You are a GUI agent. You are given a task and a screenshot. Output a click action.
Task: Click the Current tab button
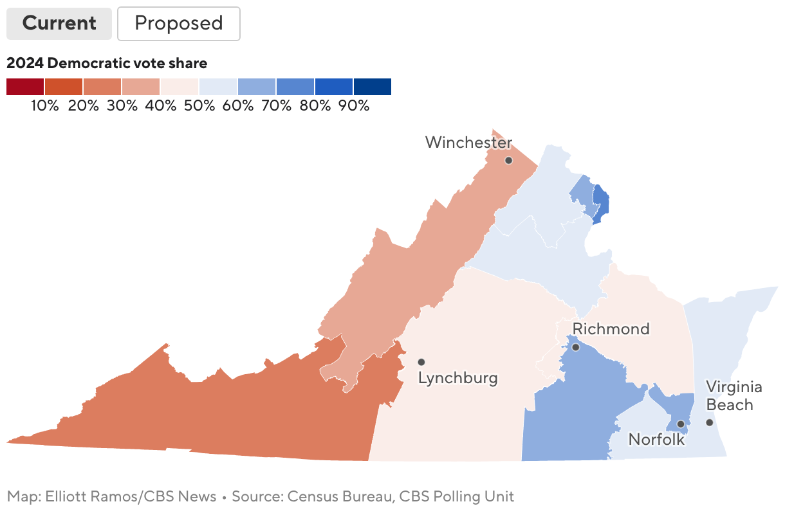coord(59,24)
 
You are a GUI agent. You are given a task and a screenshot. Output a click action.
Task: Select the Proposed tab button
coord(178,24)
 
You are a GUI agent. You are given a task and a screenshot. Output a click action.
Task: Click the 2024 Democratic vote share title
coord(107,63)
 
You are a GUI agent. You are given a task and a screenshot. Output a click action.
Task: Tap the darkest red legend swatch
coord(25,87)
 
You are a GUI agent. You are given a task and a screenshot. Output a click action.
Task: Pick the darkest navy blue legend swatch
coord(372,87)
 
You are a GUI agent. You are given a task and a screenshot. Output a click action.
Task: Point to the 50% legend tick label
coord(199,106)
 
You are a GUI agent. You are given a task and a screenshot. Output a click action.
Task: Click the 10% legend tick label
coord(45,106)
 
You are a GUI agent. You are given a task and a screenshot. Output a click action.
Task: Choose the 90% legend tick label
coord(354,106)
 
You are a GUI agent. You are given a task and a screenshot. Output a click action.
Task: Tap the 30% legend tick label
coord(122,106)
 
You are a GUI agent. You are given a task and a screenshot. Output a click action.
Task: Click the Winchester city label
coord(468,142)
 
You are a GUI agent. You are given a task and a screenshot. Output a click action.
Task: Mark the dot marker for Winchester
coord(508,160)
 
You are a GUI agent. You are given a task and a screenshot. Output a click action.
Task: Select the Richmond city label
coord(611,329)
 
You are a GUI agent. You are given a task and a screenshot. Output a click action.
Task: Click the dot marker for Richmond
coord(576,347)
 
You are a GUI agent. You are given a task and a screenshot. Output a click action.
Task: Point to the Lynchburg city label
coord(457,378)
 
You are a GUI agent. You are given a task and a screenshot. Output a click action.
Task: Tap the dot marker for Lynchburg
coord(421,362)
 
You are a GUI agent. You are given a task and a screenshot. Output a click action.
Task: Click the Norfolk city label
coord(656,440)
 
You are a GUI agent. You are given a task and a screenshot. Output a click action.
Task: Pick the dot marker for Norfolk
coord(681,424)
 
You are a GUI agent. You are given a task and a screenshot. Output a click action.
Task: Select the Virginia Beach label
coord(734,396)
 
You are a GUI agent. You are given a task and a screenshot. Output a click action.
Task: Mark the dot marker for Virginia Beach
coord(709,422)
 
